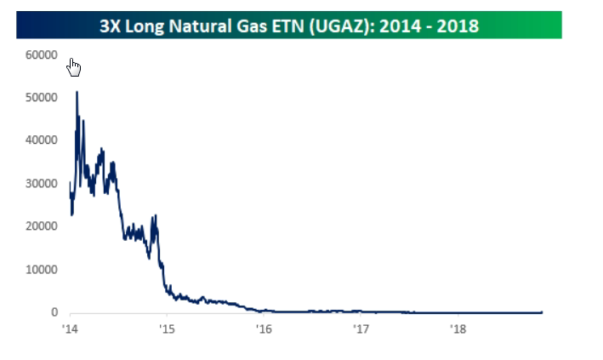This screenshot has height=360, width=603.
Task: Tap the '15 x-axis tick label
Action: (x=167, y=329)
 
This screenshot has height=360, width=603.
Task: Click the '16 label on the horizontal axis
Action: (x=264, y=329)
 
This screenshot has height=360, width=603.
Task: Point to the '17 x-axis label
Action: (x=361, y=329)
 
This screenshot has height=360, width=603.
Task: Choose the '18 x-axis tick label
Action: (x=458, y=329)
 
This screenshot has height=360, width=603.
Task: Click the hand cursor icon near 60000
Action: (x=74, y=66)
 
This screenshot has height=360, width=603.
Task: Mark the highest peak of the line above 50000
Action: (x=77, y=92)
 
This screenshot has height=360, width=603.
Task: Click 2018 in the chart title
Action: (x=460, y=26)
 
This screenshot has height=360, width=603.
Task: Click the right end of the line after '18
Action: (x=541, y=311)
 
